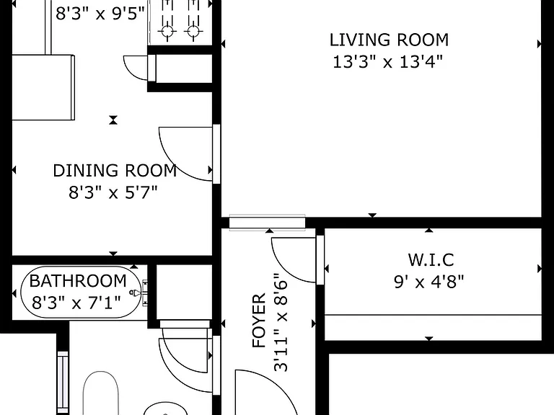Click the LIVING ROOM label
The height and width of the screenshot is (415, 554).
pyautogui.click(x=389, y=40)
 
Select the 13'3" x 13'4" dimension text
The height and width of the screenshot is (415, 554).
pyautogui.click(x=387, y=62)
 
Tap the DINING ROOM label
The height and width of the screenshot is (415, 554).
pyautogui.click(x=115, y=171)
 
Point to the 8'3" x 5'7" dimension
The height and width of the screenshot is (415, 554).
pyautogui.click(x=113, y=192)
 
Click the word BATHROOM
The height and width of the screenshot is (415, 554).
pyautogui.click(x=78, y=281)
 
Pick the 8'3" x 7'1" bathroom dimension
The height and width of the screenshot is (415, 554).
pyautogui.click(x=76, y=303)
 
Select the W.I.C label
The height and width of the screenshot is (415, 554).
pyautogui.click(x=431, y=259)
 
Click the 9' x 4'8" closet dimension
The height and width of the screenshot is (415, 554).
pyautogui.click(x=428, y=282)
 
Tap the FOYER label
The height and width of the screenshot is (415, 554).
pyautogui.click(x=259, y=321)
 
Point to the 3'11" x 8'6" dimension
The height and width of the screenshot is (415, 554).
pyautogui.click(x=281, y=322)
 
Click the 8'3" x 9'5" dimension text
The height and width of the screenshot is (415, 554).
pyautogui.click(x=100, y=14)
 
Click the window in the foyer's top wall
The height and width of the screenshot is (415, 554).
pyautogui.click(x=267, y=223)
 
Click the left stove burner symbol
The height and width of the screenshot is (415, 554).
pyautogui.click(x=167, y=32)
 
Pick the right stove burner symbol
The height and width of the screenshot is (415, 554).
pyautogui.click(x=193, y=32)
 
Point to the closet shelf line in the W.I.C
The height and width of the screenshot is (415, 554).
pyautogui.click(x=433, y=314)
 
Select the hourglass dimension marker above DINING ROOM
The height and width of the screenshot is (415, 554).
pyautogui.click(x=113, y=120)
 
